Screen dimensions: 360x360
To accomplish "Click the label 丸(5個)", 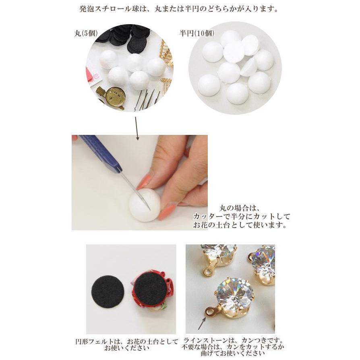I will tap(86, 34).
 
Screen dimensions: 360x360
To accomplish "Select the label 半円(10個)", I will tap(197, 34).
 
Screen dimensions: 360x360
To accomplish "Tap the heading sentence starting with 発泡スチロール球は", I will tap(179, 9).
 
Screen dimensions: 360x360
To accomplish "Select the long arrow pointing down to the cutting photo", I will tap(136, 128).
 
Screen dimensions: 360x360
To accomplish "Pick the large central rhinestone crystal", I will tap(234, 294).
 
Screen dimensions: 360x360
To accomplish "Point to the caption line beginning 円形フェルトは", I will tap(132, 341).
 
